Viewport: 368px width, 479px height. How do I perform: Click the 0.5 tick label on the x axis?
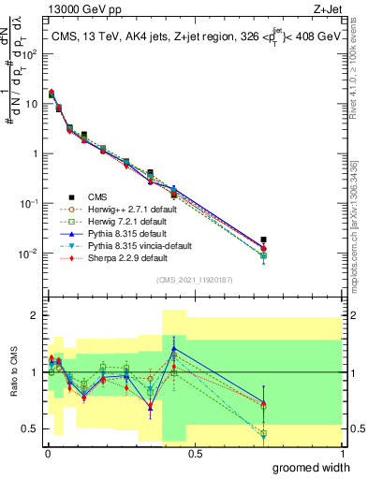point(194,452)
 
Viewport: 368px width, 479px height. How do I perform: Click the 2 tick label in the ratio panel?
point(34,315)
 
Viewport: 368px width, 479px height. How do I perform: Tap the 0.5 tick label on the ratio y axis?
point(29,428)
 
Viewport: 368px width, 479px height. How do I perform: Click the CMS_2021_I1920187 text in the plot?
point(194,280)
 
